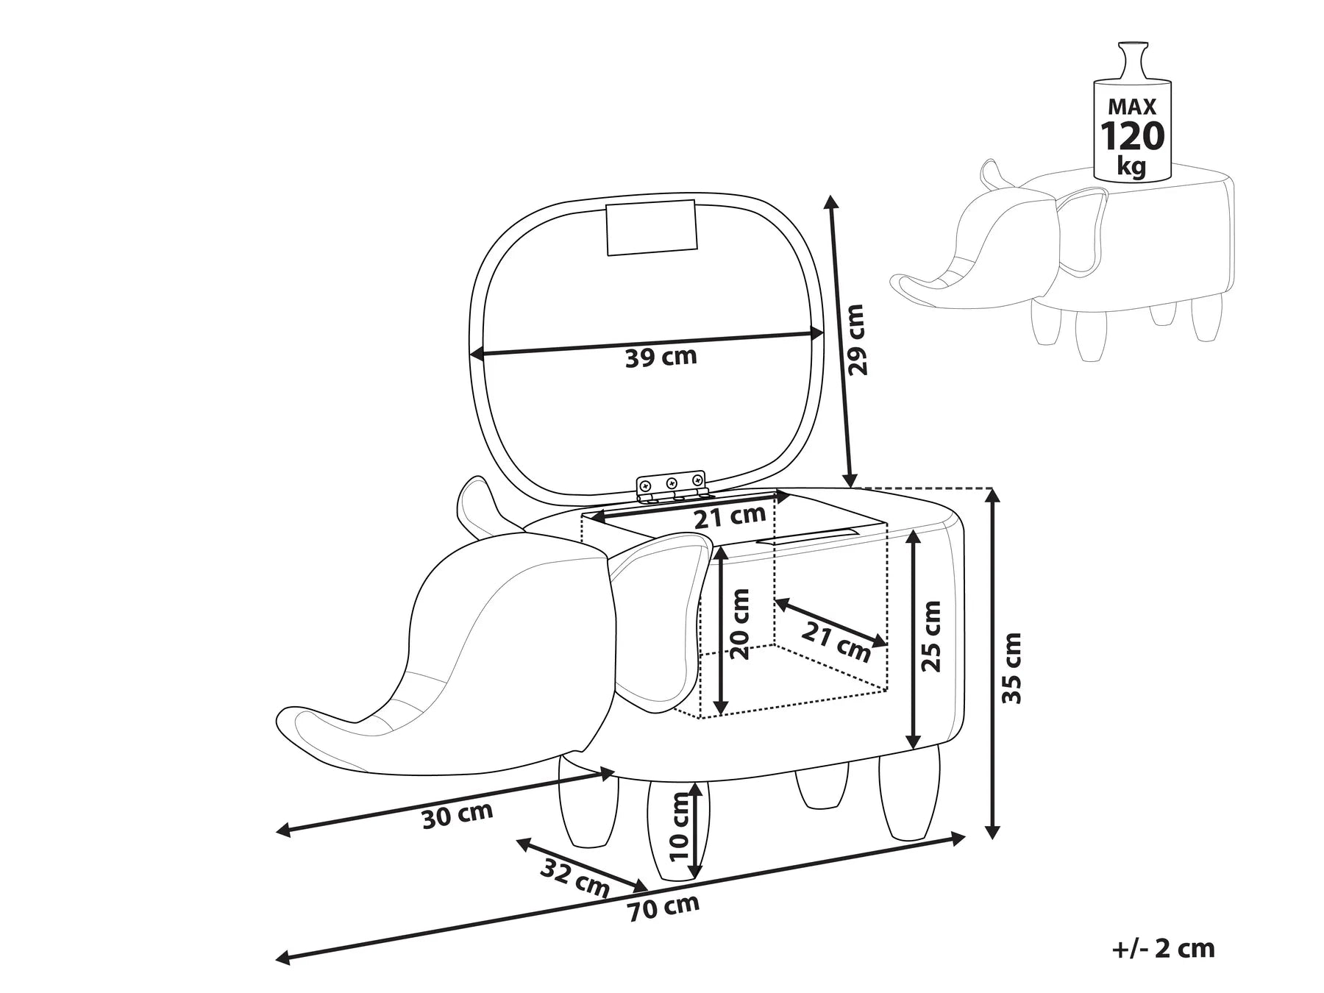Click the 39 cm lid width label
660,357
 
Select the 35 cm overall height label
1013,667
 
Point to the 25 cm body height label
931,636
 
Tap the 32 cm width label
575,878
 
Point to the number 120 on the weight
1132,136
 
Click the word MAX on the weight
1132,107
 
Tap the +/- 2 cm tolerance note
1162,948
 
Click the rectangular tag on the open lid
651,227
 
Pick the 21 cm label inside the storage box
835,641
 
